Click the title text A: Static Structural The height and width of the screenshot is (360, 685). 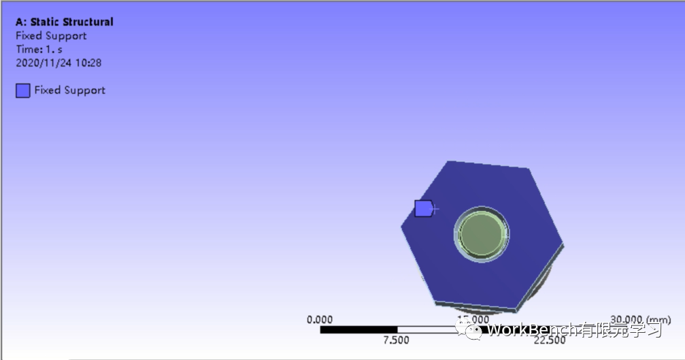point(65,22)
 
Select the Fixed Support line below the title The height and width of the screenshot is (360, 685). point(51,35)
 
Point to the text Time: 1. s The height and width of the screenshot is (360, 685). point(39,49)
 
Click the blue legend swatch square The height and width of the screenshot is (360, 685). point(23,91)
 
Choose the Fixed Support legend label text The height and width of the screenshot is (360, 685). point(70,90)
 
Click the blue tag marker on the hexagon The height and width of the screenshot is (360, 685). point(423,208)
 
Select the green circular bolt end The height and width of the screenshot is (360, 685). point(481,234)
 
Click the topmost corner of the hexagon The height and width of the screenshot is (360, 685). point(448,161)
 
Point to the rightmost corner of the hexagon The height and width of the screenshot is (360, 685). point(563,241)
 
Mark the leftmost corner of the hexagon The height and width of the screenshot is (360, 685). point(401,226)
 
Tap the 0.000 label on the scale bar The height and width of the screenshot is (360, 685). point(320,319)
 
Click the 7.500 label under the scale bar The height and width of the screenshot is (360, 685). point(396,340)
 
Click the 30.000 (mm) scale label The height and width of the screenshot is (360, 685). point(640,319)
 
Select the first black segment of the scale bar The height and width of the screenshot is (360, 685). point(358,330)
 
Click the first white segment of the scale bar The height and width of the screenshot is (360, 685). point(435,330)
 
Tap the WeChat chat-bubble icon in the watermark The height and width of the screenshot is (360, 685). point(474,330)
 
